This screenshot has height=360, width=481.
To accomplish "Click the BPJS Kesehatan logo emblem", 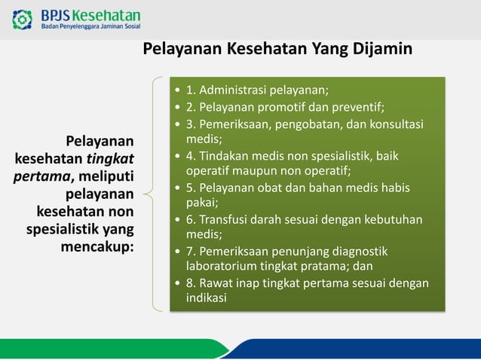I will (23, 20).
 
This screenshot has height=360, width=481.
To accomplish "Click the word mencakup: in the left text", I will (97, 247).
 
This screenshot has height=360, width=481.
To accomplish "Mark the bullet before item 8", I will (177, 283).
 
